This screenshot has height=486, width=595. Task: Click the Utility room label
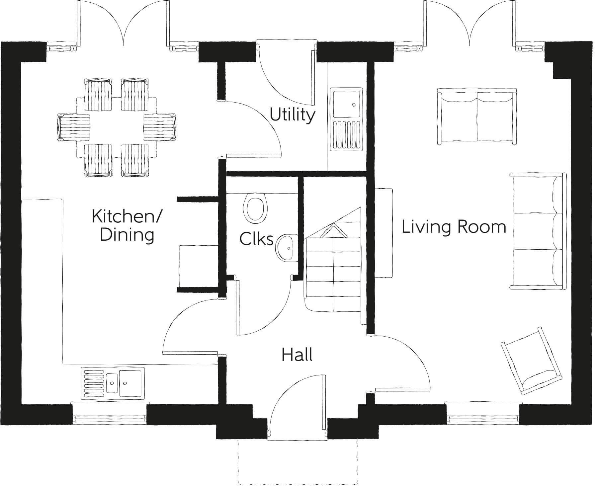pos(292,115)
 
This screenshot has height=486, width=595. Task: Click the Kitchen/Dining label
pos(127,225)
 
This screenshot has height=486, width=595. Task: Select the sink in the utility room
pos(347,119)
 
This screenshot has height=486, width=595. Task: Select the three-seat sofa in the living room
pos(538,231)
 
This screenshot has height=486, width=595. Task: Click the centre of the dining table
pos(117,127)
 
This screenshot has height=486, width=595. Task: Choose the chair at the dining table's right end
pos(159,127)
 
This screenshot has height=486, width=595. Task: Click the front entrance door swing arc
pos(292,395)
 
